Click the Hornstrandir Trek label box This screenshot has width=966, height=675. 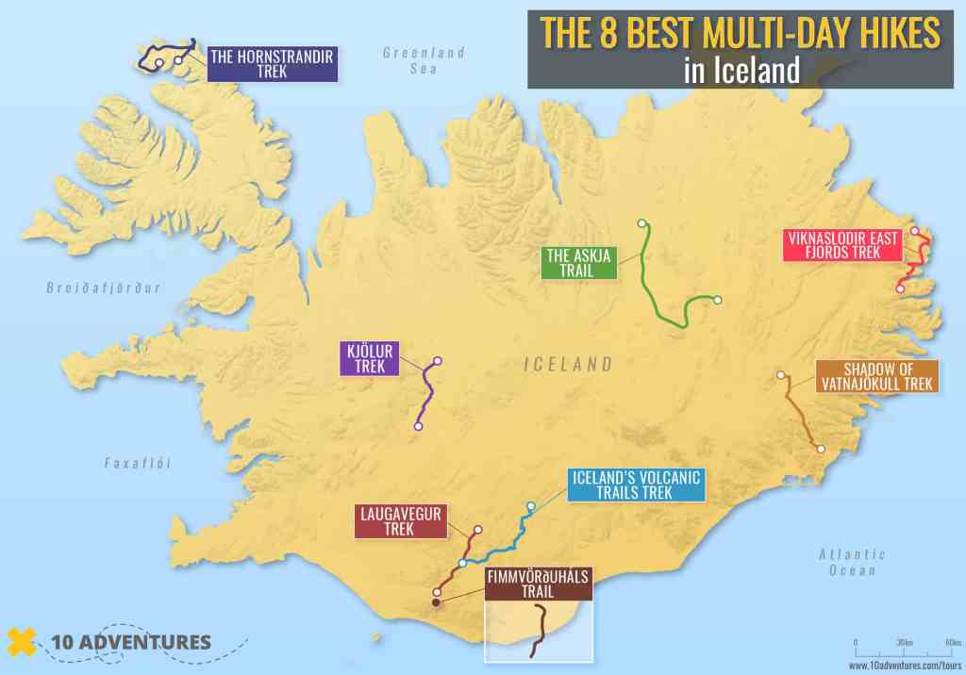coord(272,63)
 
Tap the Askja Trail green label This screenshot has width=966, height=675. coord(579,262)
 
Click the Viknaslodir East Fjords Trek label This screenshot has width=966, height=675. coord(841,245)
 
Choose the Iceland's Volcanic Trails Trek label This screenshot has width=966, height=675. coord(636,485)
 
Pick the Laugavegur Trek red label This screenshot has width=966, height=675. coord(399,521)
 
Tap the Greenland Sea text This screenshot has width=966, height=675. coord(424,60)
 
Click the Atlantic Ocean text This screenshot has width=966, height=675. coord(852,562)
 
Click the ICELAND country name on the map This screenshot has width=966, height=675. coord(568,364)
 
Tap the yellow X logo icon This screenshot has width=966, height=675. coord(22,643)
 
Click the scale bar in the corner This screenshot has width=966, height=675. coord(904,650)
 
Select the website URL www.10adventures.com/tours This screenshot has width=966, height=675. coord(904,665)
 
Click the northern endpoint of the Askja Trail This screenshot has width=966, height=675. coord(641,223)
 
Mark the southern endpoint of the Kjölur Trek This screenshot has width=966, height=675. coord(418,427)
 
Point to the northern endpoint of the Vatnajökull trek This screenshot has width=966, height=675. coord(781,375)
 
